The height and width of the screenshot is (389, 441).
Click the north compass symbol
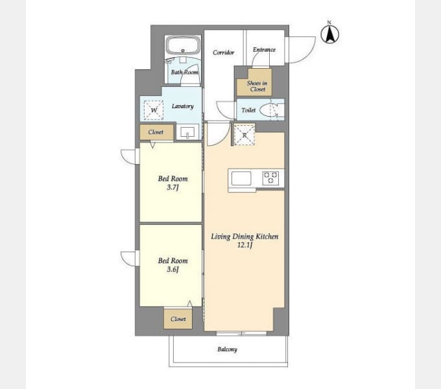329,33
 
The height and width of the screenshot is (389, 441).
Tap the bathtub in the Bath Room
183,45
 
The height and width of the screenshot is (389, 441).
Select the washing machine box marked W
154,110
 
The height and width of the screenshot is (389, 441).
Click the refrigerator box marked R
244,135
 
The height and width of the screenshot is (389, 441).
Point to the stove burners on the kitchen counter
270,178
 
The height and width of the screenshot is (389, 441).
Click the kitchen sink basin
241,178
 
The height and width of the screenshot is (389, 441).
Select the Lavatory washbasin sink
187,132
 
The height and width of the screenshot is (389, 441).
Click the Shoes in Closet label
257,86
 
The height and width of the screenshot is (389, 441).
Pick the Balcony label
227,349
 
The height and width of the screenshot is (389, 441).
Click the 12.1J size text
244,245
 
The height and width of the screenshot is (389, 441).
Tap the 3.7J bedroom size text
173,187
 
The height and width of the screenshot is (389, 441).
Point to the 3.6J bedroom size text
173,269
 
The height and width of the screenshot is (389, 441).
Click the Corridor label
223,53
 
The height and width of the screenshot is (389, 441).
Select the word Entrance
264,50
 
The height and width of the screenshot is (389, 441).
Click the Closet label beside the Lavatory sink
156,132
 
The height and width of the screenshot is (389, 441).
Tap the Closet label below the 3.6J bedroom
178,319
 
